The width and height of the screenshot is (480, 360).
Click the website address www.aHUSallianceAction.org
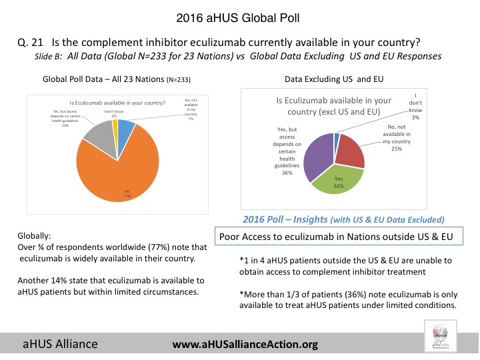click(245, 344)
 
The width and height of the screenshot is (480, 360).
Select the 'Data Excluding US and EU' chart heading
click(340, 77)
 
